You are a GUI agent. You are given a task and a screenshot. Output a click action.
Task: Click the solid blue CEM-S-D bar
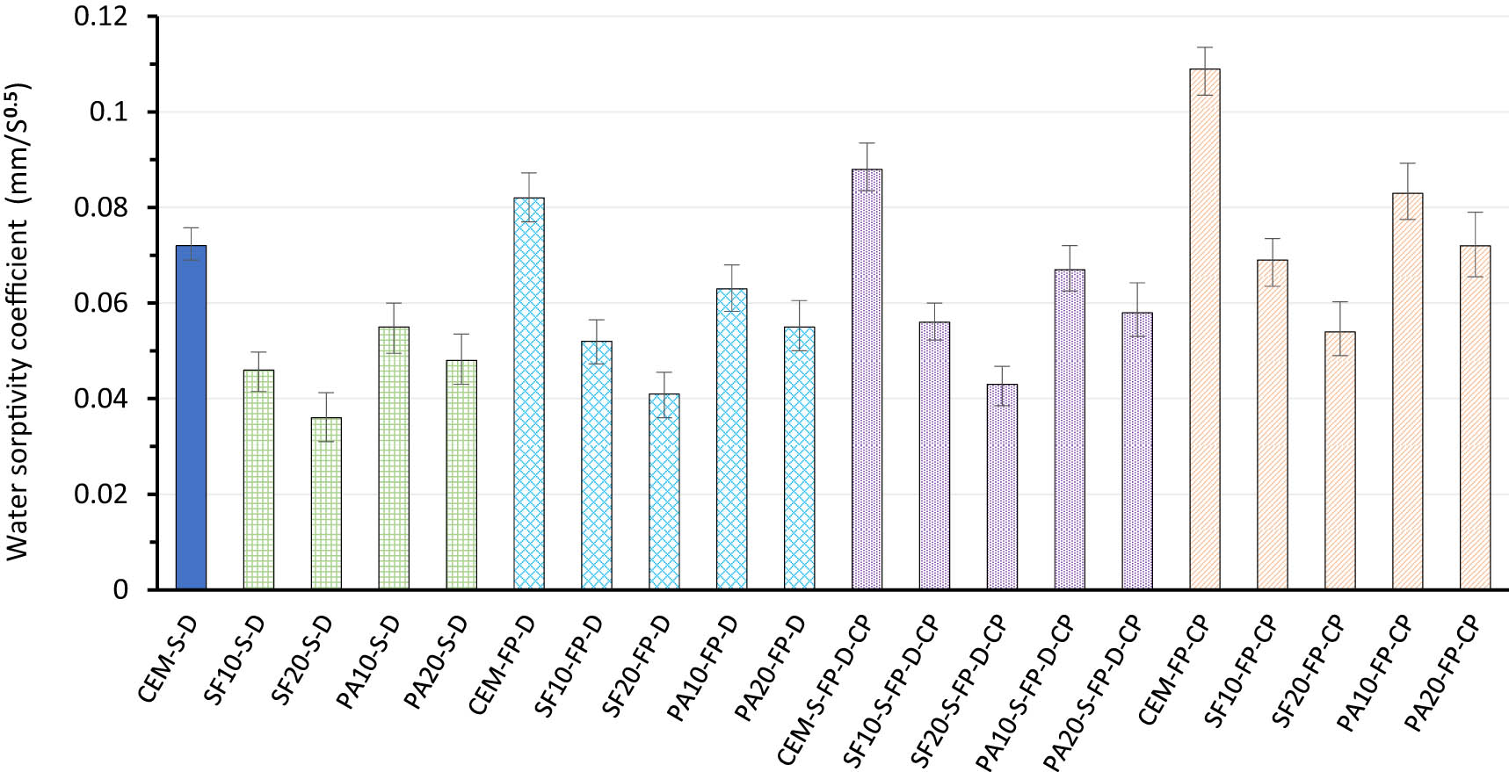pos(191,417)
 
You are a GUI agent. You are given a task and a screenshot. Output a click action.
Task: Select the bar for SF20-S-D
pos(326,503)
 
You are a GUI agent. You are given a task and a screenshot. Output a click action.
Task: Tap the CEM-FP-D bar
pos(529,393)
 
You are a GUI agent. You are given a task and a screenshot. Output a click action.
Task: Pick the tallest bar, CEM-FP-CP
pos(1205,329)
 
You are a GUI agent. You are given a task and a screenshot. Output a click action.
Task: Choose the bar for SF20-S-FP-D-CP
pos(1002,487)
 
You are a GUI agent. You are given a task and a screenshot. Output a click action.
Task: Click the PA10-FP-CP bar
pos(1407,391)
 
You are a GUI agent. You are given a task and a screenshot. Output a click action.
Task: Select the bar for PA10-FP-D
pos(732,439)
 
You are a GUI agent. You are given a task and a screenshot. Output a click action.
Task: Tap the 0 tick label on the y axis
pos(120,589)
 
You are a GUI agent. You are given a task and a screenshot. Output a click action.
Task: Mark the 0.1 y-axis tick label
pos(109,112)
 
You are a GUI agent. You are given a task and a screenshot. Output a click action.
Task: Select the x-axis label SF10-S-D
pos(234,660)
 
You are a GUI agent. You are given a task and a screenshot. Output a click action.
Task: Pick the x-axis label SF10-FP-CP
pos(1240,673)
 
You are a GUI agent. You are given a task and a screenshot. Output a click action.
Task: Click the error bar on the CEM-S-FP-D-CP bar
pos(867,167)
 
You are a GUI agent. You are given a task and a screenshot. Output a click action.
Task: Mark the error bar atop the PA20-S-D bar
pos(461,359)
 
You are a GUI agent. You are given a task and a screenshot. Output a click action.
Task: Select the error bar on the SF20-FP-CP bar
pos(1339,328)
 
